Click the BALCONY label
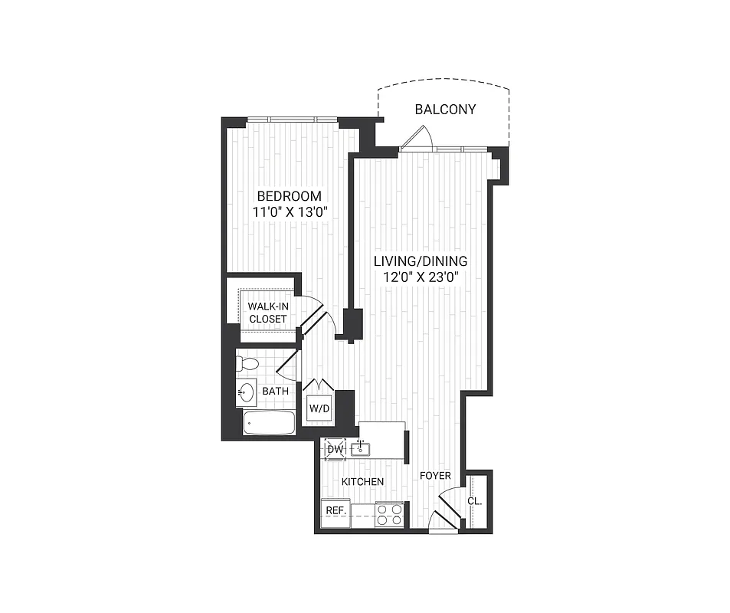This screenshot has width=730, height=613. pos(445,110)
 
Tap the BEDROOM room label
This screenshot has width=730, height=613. pos(289,196)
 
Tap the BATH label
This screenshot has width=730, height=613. pos(275,392)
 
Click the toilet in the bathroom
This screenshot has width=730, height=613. pos(247,363)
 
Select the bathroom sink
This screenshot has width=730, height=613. pos(246,393)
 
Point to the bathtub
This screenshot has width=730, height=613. pos(268,423)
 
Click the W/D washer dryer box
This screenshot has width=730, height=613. pos(319,408)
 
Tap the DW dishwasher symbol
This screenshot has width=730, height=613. pos(335,448)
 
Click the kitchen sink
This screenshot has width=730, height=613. pos(360,448)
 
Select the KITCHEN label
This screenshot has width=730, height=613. pos(362,482)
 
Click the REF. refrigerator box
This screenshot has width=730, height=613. pos(335,510)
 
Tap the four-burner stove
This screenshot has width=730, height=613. pos(389,513)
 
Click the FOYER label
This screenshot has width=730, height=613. pos(434,477)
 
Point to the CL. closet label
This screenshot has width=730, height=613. pos(474,501)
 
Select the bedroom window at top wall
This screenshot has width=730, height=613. pos(292,119)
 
